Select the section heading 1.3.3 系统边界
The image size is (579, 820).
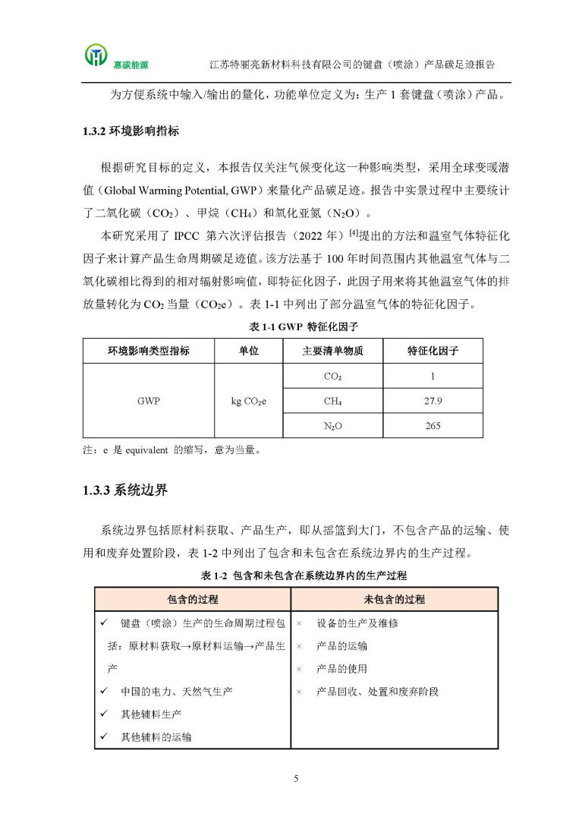pos(125,490)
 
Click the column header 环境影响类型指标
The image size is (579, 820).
pos(149,352)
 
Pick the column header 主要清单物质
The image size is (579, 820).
pos(332,352)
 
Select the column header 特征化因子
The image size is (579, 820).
pos(433,352)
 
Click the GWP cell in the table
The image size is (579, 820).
pos(149,401)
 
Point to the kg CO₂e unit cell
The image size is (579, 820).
pos(248,401)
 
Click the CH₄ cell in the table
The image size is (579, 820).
pos(332,401)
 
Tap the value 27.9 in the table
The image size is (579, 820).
pos(433,401)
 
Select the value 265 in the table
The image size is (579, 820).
pos(433,426)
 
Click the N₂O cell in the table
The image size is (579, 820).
pos(332,426)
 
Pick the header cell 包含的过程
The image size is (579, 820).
pos(193,600)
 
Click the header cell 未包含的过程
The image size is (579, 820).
pos(394,600)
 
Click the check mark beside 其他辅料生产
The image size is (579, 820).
pos(104,714)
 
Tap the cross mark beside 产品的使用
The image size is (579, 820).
pos(299,669)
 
